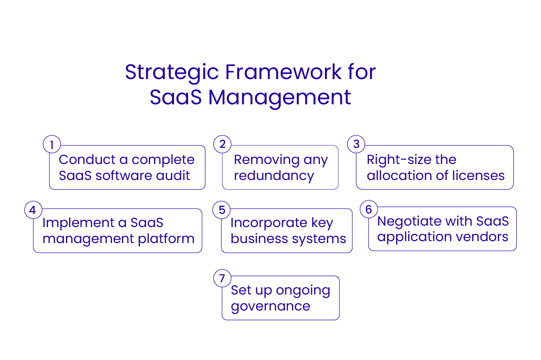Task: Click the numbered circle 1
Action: (x=52, y=145)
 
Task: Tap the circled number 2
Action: (x=223, y=144)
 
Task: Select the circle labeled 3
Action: (x=356, y=144)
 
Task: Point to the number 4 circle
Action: (x=32, y=210)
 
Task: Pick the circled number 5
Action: (x=222, y=210)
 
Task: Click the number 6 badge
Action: (x=368, y=209)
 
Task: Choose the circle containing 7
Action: (x=222, y=278)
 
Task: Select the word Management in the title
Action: (x=280, y=97)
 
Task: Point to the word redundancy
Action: (x=274, y=176)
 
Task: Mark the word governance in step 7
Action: (x=270, y=307)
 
